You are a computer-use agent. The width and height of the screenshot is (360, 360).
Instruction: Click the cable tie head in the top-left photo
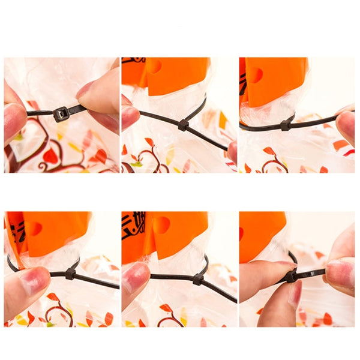61,113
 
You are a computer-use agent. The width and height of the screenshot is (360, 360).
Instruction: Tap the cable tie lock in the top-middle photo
183,125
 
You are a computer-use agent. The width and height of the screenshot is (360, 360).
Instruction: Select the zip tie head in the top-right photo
286,125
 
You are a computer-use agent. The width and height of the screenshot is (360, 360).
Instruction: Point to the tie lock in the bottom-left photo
70,274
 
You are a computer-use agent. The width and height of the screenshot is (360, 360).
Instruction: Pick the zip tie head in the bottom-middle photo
198,279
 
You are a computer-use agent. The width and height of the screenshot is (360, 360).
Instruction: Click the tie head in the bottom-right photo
291,276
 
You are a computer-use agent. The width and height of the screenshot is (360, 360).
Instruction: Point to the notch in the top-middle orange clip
153,66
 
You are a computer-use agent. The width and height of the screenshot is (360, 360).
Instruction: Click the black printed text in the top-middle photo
133,61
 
